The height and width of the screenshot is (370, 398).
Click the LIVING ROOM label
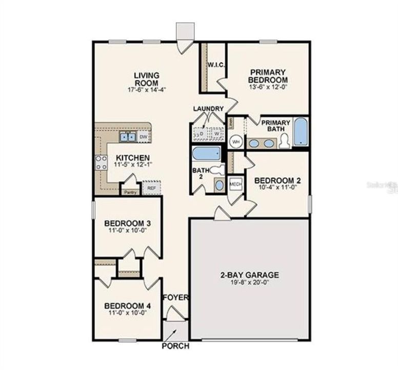(147, 79)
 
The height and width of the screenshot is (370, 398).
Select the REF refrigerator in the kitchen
(151, 189)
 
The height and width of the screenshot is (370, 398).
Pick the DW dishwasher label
(144, 137)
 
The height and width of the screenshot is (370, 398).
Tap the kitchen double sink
(128, 137)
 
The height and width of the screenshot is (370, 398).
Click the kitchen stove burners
(101, 162)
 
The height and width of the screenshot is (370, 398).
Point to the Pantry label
(128, 192)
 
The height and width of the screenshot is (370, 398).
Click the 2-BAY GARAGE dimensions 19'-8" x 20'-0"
(250, 282)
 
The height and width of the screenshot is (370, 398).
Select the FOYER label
(176, 298)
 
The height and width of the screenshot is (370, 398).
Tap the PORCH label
(175, 346)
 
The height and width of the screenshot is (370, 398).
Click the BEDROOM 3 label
(127, 223)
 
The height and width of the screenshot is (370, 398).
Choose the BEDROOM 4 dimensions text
(127, 311)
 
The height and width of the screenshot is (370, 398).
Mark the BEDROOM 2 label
(277, 180)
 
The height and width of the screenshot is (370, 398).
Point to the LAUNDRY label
(208, 108)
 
